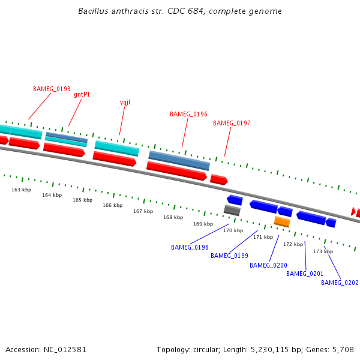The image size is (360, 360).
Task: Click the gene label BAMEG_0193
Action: point(52,89)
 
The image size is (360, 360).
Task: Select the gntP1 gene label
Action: point(82,94)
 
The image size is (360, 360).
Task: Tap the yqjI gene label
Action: point(125,102)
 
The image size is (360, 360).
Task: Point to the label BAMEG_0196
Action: point(188,114)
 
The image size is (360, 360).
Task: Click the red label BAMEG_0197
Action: point(232,123)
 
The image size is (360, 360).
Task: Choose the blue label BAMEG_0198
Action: point(190,247)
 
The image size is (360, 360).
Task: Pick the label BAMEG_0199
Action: point(229,256)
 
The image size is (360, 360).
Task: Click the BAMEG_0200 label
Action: point(268,265)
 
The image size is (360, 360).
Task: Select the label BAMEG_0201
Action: point(305,274)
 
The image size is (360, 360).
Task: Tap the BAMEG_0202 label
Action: point(340,283)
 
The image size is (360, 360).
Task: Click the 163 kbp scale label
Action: point(21,190)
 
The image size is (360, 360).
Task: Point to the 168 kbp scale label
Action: point(173,217)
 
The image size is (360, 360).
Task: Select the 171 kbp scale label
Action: point(263,237)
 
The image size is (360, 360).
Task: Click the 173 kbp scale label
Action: point(323,251)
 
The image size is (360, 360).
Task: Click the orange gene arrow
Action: point(282,221)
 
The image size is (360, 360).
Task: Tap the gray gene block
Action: point(232,210)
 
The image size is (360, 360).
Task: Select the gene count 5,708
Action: point(342,349)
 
